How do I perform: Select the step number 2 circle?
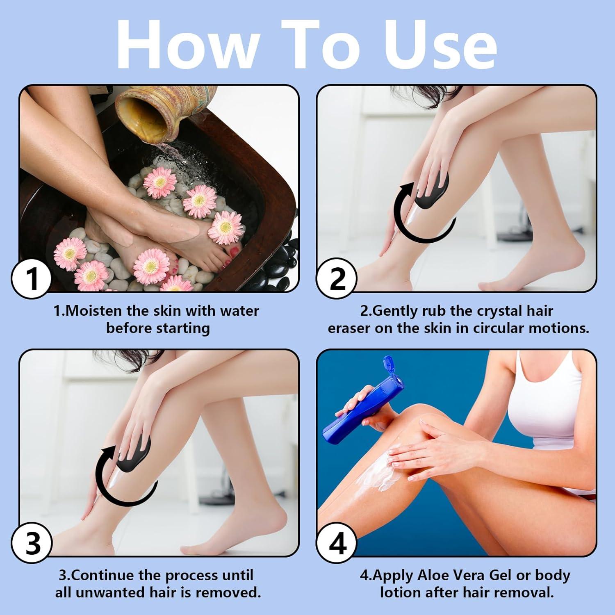click(x=337, y=279)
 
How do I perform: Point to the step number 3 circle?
click(x=32, y=544)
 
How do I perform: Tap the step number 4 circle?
click(x=337, y=544)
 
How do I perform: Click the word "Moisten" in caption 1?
click(x=94, y=311)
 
